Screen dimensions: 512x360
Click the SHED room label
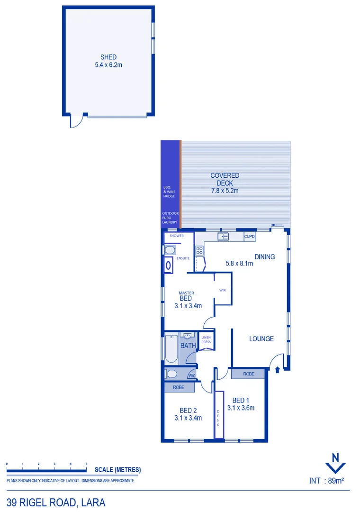pos(108,57)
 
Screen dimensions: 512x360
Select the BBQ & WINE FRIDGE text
pos(169,192)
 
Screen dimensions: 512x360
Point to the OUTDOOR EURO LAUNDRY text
pos(170,218)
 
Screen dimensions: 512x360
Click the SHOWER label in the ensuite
pos(177,236)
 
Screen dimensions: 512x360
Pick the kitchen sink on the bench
pos(223,236)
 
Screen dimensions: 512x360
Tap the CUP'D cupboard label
pos(250,236)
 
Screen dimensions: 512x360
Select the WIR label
pos(222,290)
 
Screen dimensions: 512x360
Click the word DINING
pos(264,257)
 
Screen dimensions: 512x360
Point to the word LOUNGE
pos(262,339)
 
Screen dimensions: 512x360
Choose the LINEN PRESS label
pos(206,339)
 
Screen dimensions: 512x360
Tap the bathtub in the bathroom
pos(171,349)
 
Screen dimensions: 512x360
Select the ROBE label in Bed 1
pos(249,374)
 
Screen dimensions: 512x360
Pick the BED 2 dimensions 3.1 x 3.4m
pos(188,418)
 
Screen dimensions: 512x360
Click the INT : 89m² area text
pos(326,480)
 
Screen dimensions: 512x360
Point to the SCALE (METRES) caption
pos(117,470)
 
